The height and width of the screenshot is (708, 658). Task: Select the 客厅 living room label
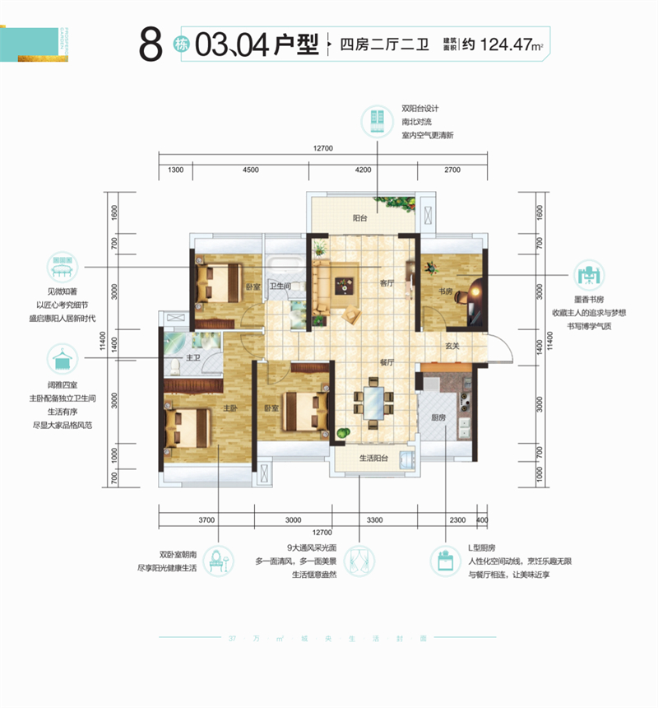tap(388, 282)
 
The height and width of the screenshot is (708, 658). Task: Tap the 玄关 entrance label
tap(453, 346)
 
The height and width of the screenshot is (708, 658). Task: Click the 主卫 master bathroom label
tap(195, 357)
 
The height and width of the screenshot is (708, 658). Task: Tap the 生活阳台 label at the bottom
tap(374, 459)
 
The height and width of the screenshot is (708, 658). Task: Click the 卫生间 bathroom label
tap(284, 286)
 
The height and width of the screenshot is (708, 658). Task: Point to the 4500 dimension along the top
tap(251, 169)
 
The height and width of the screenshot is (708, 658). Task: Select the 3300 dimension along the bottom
tap(374, 519)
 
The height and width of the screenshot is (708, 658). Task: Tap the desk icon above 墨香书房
tap(587, 274)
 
